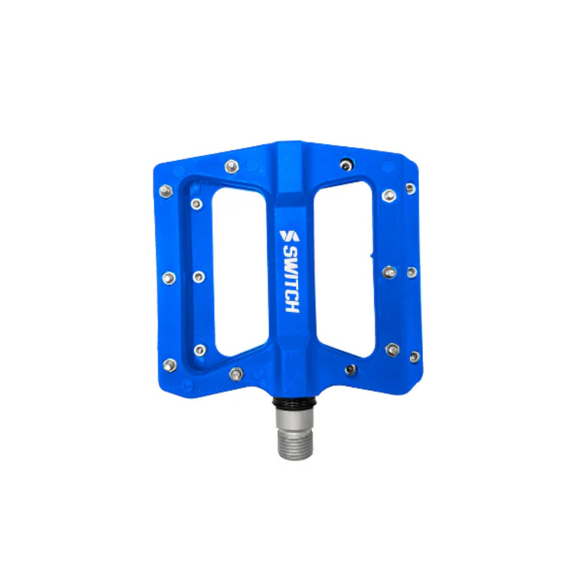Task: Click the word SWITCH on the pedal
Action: [292, 279]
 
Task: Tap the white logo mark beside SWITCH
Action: [289, 236]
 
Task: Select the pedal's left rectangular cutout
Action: [240, 270]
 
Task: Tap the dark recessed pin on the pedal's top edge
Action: [346, 164]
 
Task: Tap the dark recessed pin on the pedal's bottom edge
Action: [351, 370]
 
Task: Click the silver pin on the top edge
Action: [232, 166]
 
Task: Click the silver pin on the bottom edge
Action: [237, 373]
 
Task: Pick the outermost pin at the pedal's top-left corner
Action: [166, 191]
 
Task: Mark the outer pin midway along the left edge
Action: [169, 278]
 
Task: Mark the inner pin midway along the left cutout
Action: [199, 277]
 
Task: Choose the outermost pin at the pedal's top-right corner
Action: [411, 188]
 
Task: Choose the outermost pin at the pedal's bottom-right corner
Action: [414, 357]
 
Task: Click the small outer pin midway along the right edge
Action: [411, 272]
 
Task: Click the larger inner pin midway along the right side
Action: [389, 272]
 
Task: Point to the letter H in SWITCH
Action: [292, 306]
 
